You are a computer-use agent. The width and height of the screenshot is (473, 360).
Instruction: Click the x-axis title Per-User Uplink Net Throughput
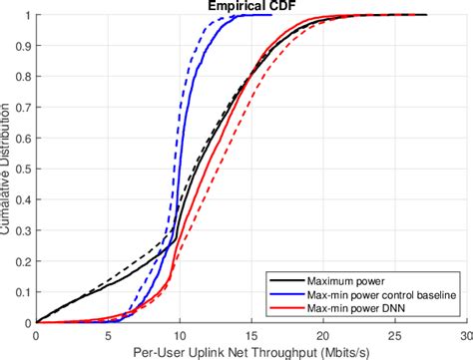pyautogui.click(x=251, y=351)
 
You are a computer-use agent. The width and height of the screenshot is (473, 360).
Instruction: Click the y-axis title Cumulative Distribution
pyautogui.click(x=7, y=170)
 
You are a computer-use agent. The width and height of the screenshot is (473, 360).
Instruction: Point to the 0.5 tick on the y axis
pyautogui.click(x=25, y=170)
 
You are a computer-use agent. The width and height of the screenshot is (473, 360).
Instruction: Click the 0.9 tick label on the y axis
pyautogui.click(x=25, y=46)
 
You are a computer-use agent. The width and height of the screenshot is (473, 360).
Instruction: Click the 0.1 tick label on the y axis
pyautogui.click(x=25, y=293)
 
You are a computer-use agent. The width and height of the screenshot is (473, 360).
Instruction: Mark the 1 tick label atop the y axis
pyautogui.click(x=29, y=15)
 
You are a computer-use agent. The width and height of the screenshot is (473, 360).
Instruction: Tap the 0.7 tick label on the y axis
pyautogui.click(x=25, y=108)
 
